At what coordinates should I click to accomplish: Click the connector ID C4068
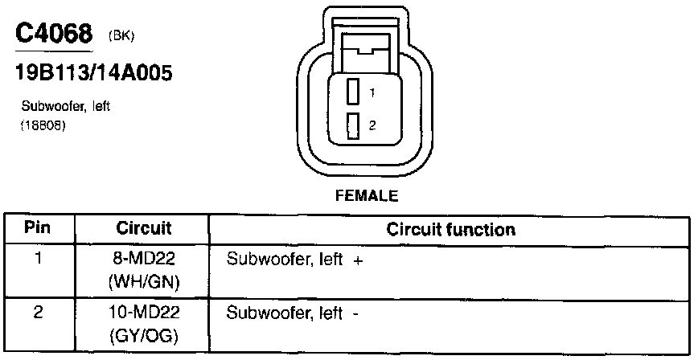coord(55,34)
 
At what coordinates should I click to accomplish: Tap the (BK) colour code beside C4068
coord(121,36)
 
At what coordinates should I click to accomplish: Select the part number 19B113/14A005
coord(94,74)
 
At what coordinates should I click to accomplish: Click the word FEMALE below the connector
coord(367,195)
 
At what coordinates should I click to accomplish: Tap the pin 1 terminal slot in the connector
coord(352,92)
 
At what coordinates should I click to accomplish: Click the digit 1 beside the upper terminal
coord(372,93)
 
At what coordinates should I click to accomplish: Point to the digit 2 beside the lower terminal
coord(372,125)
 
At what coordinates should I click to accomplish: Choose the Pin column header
coord(37,228)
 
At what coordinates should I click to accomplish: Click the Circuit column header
coord(144,229)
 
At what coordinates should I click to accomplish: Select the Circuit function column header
coord(450,229)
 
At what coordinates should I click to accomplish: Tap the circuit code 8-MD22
coord(145,260)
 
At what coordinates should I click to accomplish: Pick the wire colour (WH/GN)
coord(145,282)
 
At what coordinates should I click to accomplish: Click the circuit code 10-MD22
coord(145,313)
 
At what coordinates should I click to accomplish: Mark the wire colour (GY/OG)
coord(145,335)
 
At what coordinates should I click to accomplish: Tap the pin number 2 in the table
coord(37,313)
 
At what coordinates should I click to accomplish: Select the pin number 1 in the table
coord(37,260)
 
